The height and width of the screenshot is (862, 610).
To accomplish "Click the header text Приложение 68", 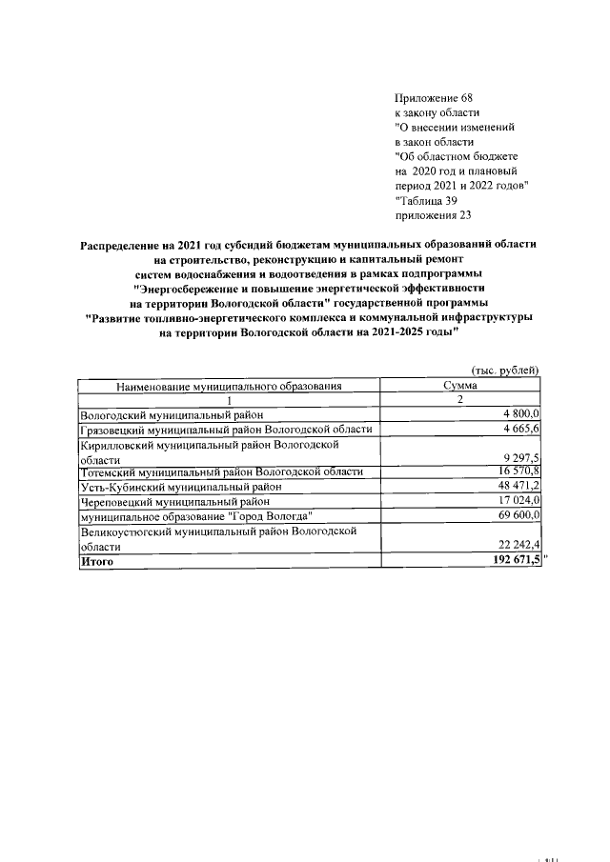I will click(x=433, y=99).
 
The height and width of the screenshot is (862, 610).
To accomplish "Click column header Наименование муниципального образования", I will click(x=229, y=386).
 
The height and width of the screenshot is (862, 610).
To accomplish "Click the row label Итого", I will click(x=97, y=562).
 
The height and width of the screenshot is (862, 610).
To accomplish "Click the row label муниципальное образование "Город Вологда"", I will click(x=197, y=514).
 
